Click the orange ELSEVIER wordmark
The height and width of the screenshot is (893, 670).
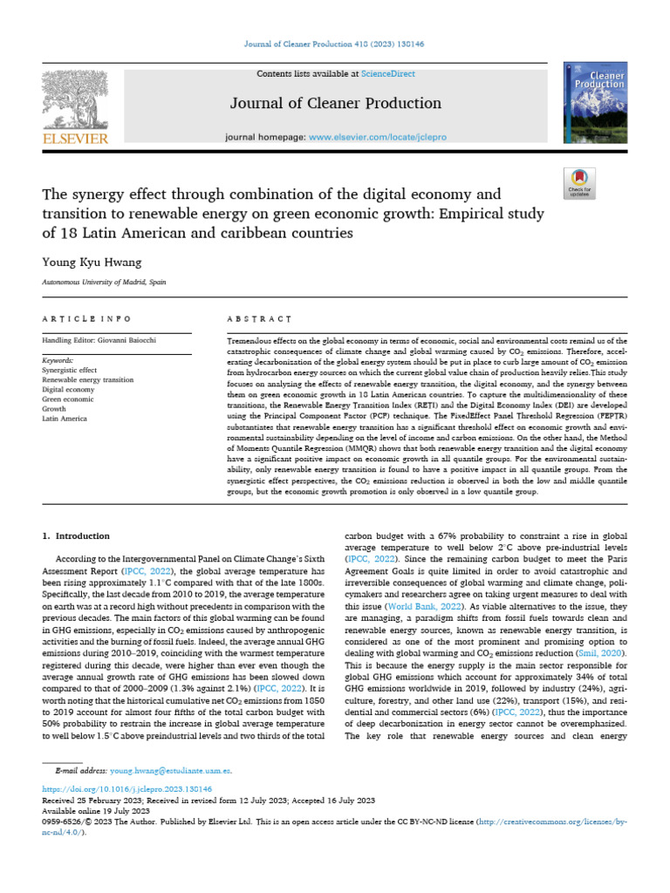[75, 139]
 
